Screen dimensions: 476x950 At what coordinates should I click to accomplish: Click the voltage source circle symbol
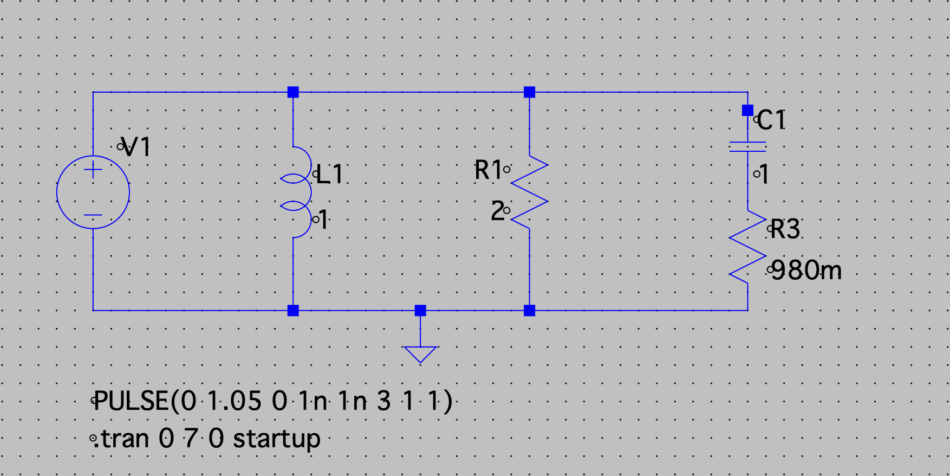click(x=93, y=192)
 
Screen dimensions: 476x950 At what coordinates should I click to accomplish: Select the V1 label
click(x=136, y=147)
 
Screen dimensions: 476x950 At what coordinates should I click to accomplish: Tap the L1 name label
click(x=330, y=175)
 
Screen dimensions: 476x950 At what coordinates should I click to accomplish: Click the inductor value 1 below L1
click(x=323, y=220)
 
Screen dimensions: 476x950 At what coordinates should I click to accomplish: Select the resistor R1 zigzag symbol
click(x=530, y=192)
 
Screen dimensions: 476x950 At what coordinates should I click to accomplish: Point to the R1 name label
click(x=488, y=170)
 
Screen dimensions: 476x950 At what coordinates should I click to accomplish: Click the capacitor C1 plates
click(x=747, y=146)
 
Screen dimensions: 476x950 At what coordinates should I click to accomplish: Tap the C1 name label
click(x=771, y=120)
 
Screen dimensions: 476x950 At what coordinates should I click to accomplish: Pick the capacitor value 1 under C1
click(x=764, y=175)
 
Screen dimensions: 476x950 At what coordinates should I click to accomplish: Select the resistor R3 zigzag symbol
click(x=747, y=247)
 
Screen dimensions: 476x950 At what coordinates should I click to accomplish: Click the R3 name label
click(x=785, y=229)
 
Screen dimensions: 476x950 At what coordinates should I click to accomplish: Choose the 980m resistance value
click(x=806, y=271)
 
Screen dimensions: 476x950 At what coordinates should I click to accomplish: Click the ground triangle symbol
click(x=420, y=353)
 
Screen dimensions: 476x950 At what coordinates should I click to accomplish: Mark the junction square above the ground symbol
click(x=420, y=311)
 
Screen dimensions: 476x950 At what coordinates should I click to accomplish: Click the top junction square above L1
click(x=293, y=92)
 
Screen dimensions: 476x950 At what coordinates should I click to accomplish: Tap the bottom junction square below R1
click(x=530, y=311)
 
